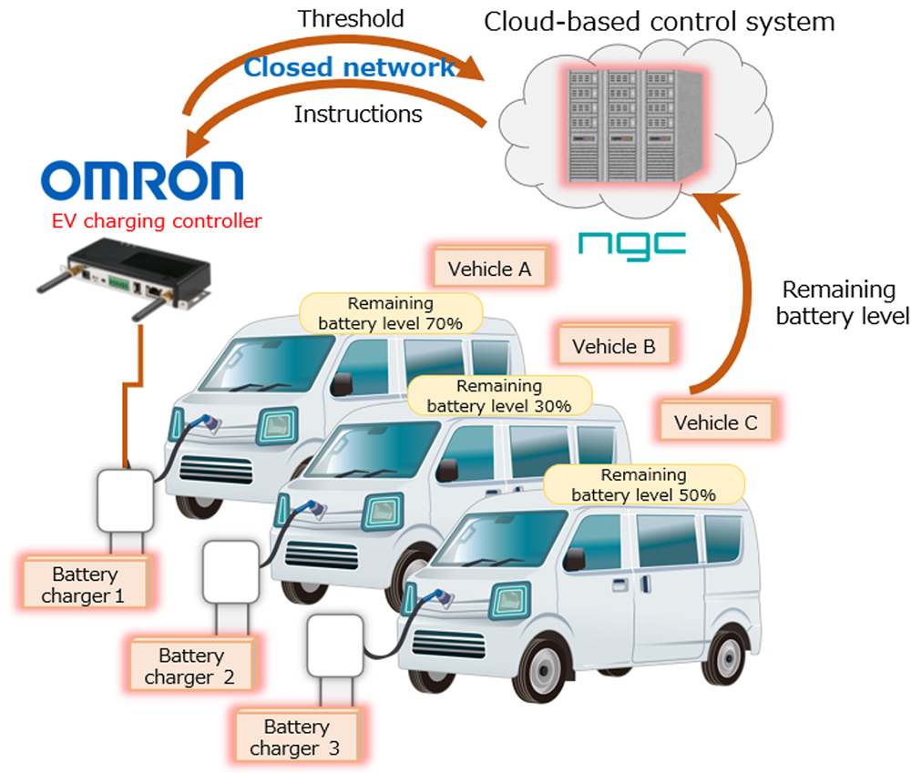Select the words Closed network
click(350, 67)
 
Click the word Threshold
click(351, 19)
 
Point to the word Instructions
click(358, 115)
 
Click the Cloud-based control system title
click(659, 21)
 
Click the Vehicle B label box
click(613, 346)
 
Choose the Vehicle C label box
click(716, 422)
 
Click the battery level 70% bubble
click(391, 313)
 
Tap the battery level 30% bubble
click(498, 396)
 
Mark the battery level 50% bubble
click(642, 485)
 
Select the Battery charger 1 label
click(85, 585)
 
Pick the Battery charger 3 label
click(296, 737)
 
